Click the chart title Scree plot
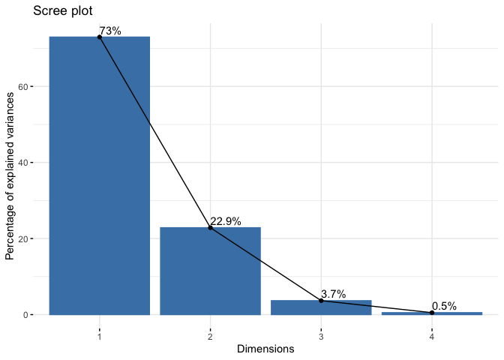click(64, 11)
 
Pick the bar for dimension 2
click(210, 271)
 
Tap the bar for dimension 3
click(321, 307)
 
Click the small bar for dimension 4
click(432, 313)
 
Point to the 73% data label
click(110, 31)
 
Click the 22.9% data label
click(226, 221)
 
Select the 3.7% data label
click(333, 294)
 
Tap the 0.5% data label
click(444, 306)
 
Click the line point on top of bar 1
click(100, 37)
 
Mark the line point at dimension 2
click(210, 227)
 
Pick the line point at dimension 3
click(321, 300)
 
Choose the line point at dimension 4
click(432, 312)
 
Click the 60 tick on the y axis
click(35, 86)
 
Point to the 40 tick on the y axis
click(35, 163)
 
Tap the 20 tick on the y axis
click(35, 238)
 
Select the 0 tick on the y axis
click(37, 315)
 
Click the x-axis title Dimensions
click(265, 349)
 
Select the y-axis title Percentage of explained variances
click(10, 172)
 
